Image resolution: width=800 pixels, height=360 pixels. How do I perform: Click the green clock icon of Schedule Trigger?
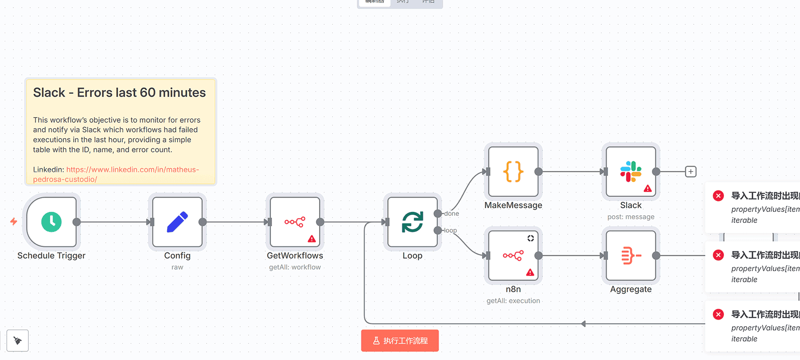[51, 222]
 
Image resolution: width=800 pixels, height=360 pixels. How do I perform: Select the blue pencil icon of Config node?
[177, 222]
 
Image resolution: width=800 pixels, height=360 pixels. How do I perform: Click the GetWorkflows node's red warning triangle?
[312, 239]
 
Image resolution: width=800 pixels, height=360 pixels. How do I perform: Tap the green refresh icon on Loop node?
[412, 222]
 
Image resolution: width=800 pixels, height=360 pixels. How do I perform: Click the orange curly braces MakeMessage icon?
[513, 171]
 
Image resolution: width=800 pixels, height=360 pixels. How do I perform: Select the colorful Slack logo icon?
[630, 171]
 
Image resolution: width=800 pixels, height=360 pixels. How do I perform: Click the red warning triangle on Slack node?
[648, 189]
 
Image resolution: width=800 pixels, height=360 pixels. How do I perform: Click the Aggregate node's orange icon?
[630, 256]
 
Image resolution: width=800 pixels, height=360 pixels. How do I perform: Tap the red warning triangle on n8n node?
[530, 272]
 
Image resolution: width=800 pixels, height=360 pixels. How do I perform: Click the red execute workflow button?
[400, 341]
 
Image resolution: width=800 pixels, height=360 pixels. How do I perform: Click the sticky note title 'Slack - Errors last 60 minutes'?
[120, 92]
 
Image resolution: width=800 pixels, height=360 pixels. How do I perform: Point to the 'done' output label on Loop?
[451, 214]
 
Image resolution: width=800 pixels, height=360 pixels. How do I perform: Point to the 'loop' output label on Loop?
[450, 230]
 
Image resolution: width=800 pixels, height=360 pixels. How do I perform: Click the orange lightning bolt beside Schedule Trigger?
[14, 221]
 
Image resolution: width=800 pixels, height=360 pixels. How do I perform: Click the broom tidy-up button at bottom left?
[18, 340]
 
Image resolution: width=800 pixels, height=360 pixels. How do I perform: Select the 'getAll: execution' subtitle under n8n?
[513, 301]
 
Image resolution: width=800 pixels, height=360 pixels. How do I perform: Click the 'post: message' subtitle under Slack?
[630, 217]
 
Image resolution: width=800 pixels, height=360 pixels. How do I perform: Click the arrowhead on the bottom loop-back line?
[583, 324]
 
